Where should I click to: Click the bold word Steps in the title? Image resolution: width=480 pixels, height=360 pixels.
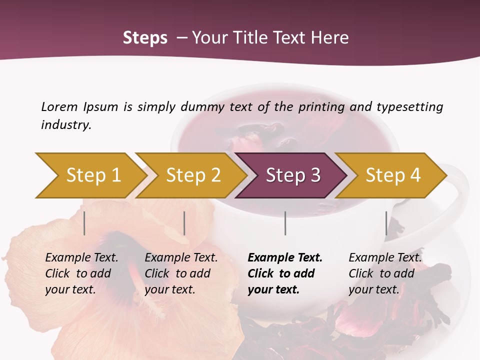pyautogui.click(x=145, y=38)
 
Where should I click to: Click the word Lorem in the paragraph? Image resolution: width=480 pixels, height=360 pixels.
pyautogui.click(x=59, y=106)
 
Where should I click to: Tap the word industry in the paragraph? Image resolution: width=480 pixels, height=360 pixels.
pyautogui.click(x=65, y=124)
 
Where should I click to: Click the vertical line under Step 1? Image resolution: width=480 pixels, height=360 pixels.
pyautogui.click(x=84, y=223)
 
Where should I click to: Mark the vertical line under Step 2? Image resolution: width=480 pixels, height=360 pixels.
pyautogui.click(x=184, y=223)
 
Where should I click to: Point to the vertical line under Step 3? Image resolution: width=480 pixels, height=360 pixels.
pyautogui.click(x=285, y=223)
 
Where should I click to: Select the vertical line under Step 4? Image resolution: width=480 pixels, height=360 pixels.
pyautogui.click(x=386, y=223)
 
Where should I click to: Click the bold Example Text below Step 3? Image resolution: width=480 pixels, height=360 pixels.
pyautogui.click(x=285, y=257)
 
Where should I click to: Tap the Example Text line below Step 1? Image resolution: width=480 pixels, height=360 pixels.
pyautogui.click(x=81, y=257)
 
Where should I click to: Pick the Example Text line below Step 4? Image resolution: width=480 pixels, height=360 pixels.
pyautogui.click(x=385, y=257)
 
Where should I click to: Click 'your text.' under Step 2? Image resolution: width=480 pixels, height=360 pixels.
pyautogui.click(x=169, y=289)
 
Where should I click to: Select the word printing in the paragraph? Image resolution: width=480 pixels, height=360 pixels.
pyautogui.click(x=321, y=107)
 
